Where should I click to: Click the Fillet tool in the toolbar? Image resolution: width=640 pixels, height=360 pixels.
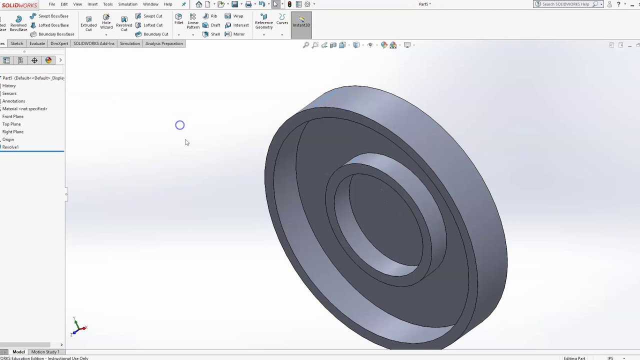(178, 19)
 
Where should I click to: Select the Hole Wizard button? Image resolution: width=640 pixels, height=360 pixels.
(106, 21)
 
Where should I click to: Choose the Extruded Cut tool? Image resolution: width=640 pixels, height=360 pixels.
(88, 23)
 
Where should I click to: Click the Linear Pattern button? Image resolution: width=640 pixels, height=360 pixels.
(193, 21)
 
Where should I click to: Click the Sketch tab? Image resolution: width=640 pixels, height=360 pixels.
(16, 43)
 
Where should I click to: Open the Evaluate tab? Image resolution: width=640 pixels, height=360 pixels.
(37, 43)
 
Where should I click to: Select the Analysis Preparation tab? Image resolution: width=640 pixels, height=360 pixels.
(163, 43)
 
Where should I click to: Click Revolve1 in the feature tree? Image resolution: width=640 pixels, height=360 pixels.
(10, 147)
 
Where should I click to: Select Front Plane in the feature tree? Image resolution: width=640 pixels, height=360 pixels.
(12, 116)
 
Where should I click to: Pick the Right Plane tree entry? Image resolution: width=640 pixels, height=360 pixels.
(12, 132)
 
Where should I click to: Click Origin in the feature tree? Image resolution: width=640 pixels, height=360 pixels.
(8, 139)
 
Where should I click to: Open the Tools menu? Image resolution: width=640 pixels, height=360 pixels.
(107, 4)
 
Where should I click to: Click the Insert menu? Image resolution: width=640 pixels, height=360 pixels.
(92, 4)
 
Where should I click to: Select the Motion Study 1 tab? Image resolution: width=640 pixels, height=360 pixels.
(45, 352)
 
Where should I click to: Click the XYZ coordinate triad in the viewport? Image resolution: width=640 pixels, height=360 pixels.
(77, 327)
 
